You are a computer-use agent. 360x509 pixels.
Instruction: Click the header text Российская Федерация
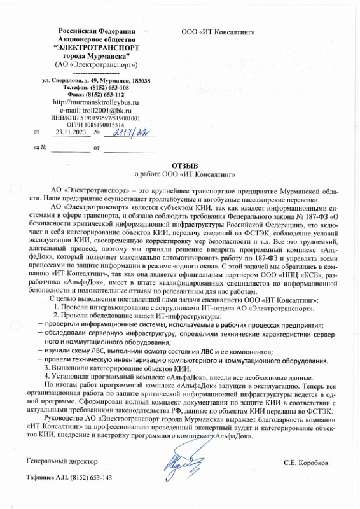coord(96,31)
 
